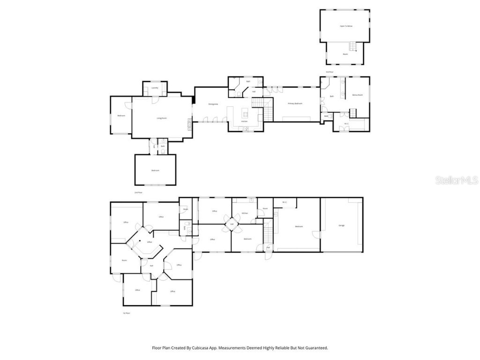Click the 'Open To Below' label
click(x=346, y=26)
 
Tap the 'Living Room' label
click(x=162, y=118)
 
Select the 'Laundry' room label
click(x=155, y=88)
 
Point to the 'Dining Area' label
click(x=213, y=104)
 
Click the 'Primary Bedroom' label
click(x=295, y=104)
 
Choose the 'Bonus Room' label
click(x=357, y=95)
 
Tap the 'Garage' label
click(x=342, y=225)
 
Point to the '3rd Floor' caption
click(x=330, y=72)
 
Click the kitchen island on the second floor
click(x=245, y=113)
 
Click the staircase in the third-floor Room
click(x=352, y=46)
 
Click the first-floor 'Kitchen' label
click(x=244, y=213)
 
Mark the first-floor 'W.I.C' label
click(x=285, y=202)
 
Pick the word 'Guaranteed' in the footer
click(x=315, y=348)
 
